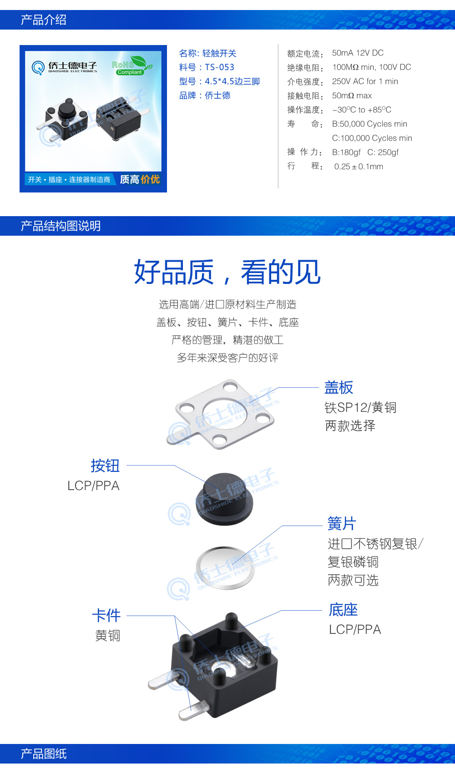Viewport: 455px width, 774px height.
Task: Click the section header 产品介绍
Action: point(44,20)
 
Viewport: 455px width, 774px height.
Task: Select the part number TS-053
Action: point(219,67)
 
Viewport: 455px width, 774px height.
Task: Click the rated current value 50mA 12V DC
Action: point(358,53)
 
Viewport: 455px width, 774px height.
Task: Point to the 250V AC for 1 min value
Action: point(365,81)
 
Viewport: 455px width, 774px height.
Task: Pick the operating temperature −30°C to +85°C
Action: point(362,110)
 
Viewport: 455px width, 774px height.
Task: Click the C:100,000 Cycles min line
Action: point(372,138)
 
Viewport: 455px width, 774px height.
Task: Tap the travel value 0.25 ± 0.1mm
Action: point(359,167)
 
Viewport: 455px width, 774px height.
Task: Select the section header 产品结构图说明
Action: point(61,226)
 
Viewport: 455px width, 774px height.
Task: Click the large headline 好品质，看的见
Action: point(227,272)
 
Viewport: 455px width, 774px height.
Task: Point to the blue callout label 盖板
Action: point(339,388)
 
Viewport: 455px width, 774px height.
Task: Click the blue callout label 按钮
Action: point(105,465)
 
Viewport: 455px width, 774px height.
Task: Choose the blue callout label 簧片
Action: point(342,523)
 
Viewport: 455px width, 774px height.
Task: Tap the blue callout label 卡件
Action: point(106,616)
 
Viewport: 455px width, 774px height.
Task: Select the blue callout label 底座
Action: point(343,610)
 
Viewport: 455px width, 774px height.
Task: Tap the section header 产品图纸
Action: point(44,754)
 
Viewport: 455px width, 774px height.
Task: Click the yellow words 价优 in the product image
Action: point(150,179)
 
